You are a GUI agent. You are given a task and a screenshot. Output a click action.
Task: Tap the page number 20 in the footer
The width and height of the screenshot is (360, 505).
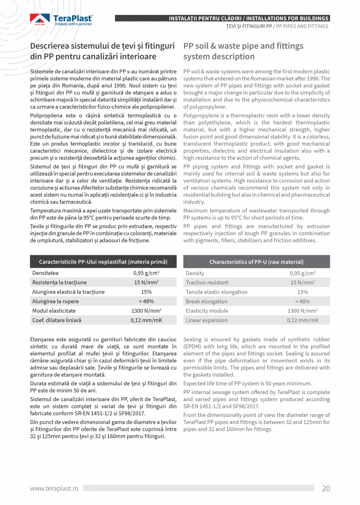click(x=326, y=488)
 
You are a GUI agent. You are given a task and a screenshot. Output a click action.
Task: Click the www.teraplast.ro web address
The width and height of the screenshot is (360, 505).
click(x=54, y=488)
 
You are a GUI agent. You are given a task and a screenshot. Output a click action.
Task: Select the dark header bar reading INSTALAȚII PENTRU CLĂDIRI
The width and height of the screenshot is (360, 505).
click(x=248, y=18)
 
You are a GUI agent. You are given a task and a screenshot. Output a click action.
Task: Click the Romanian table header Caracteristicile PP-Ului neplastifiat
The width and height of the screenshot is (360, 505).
click(x=103, y=262)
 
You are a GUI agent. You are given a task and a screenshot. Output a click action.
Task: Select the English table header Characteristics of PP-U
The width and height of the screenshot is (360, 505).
click(x=256, y=262)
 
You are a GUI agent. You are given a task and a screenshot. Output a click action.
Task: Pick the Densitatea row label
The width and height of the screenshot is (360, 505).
click(x=45, y=273)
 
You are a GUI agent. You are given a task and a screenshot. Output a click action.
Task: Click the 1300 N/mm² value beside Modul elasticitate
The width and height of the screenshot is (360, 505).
click(x=146, y=310)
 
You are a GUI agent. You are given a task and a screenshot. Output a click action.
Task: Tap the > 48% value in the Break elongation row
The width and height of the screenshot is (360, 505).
click(x=302, y=301)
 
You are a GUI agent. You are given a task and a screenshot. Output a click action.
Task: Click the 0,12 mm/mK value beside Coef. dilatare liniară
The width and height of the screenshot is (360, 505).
click(x=146, y=320)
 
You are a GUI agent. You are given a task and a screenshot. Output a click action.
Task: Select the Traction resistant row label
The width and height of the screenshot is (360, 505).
click(x=207, y=282)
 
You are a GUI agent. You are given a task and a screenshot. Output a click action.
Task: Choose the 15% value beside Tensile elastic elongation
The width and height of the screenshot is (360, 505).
click(x=302, y=292)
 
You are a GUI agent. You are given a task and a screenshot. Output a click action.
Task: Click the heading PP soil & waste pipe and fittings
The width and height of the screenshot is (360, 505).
click(x=243, y=46)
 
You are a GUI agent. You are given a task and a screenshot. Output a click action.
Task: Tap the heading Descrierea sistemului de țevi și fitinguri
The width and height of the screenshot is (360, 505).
click(x=103, y=46)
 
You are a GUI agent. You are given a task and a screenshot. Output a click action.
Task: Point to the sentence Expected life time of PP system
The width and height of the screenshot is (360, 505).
click(x=247, y=383)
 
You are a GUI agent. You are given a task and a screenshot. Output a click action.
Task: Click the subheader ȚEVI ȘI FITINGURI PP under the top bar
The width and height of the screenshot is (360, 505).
click(x=248, y=26)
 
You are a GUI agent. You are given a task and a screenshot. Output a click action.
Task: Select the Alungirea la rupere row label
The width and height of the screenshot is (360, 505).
click(x=55, y=301)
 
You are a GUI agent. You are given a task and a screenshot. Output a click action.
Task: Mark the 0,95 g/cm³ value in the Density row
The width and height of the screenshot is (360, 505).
click(x=302, y=273)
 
